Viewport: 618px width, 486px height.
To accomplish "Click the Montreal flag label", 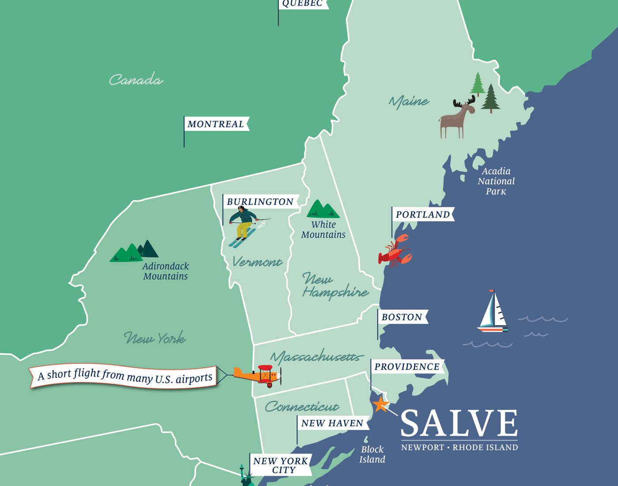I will (216, 124).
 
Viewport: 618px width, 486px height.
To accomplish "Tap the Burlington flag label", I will (260, 202).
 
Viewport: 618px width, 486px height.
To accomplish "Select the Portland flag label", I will (422, 215).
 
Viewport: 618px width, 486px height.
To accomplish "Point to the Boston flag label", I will (402, 317).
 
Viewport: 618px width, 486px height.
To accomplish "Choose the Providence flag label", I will (407, 367).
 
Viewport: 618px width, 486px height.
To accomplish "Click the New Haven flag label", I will (332, 423).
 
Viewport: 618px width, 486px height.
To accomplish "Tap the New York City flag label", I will (280, 465).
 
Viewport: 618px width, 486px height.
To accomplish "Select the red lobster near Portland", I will (394, 252).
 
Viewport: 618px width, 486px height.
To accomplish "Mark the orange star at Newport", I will (380, 404).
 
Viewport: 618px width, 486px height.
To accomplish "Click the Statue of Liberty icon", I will (245, 476).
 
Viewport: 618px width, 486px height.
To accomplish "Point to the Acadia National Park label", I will (496, 181).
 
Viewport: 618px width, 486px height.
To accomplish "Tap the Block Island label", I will (372, 454).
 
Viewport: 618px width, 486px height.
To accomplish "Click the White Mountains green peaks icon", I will (323, 209).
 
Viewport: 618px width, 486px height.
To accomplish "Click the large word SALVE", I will (459, 423).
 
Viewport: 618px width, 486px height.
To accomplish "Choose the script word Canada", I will (136, 80).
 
